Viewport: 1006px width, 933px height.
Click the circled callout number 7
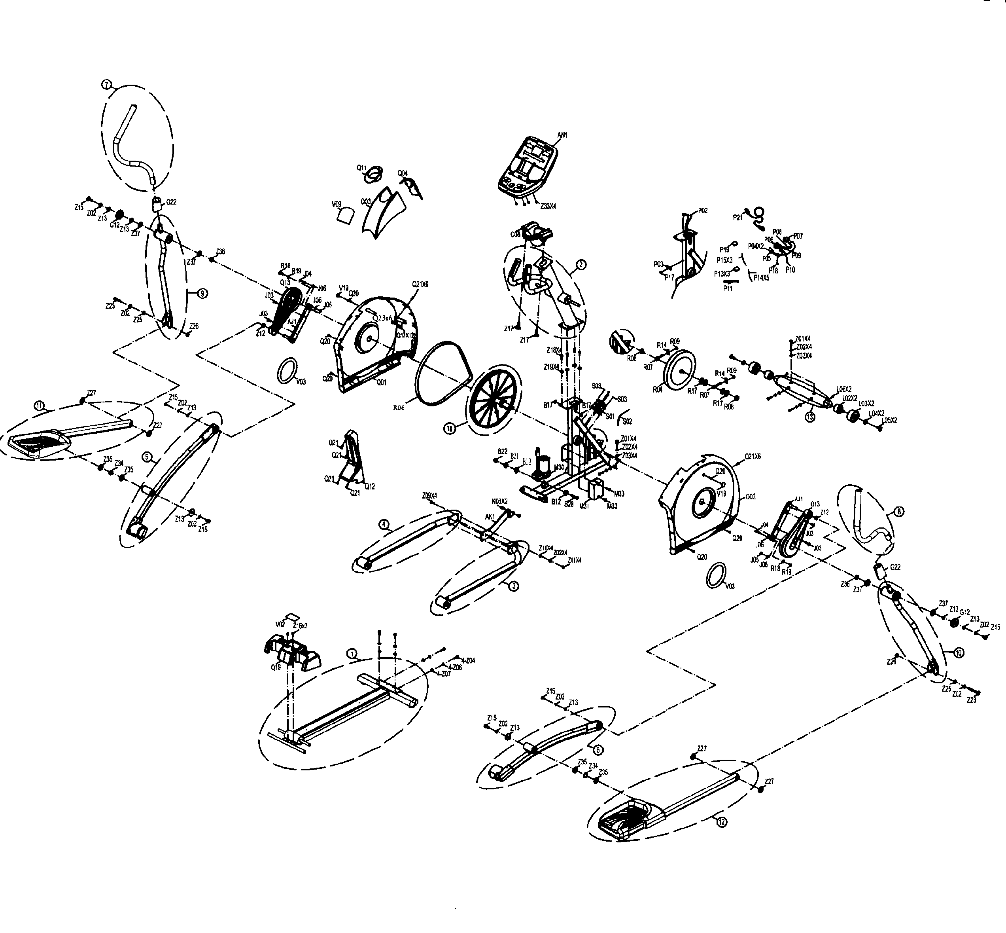[x=106, y=85]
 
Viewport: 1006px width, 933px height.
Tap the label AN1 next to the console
[x=562, y=135]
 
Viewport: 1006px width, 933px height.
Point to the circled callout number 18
[x=449, y=428]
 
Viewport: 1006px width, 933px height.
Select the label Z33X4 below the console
[x=548, y=207]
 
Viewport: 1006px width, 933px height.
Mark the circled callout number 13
[x=810, y=417]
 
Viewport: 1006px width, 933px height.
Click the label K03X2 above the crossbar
[x=499, y=501]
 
